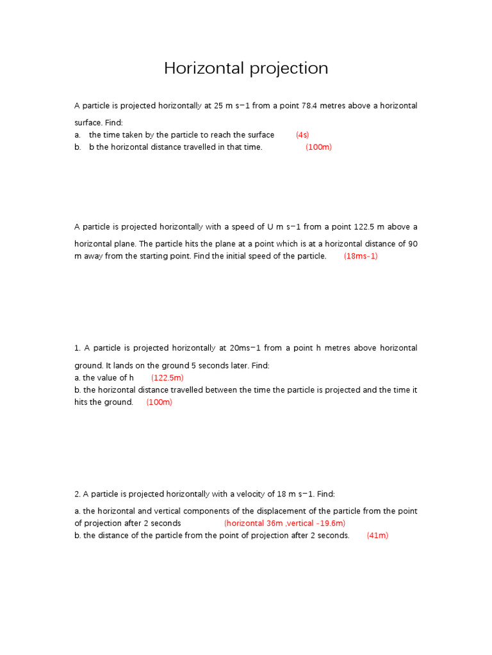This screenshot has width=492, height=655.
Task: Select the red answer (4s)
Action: tap(302, 135)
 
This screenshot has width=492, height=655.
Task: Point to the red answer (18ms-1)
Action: tap(361, 256)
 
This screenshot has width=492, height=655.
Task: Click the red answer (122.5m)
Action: tap(168, 378)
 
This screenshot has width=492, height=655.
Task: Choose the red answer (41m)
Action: tap(377, 535)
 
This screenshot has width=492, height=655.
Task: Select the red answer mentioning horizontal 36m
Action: tap(284, 523)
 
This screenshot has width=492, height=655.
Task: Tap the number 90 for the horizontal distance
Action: tap(412, 244)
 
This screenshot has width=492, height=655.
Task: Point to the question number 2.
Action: tap(77, 494)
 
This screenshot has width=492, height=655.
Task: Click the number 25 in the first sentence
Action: tap(210, 106)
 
